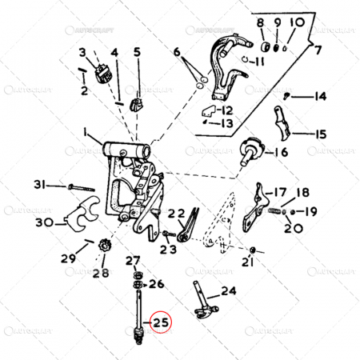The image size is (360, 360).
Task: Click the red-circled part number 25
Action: tap(162, 324)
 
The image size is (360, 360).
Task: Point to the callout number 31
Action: tap(39, 186)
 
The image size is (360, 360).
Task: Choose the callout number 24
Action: tap(229, 291)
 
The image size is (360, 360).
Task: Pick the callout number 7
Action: tap(318, 50)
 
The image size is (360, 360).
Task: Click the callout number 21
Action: tap(249, 262)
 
